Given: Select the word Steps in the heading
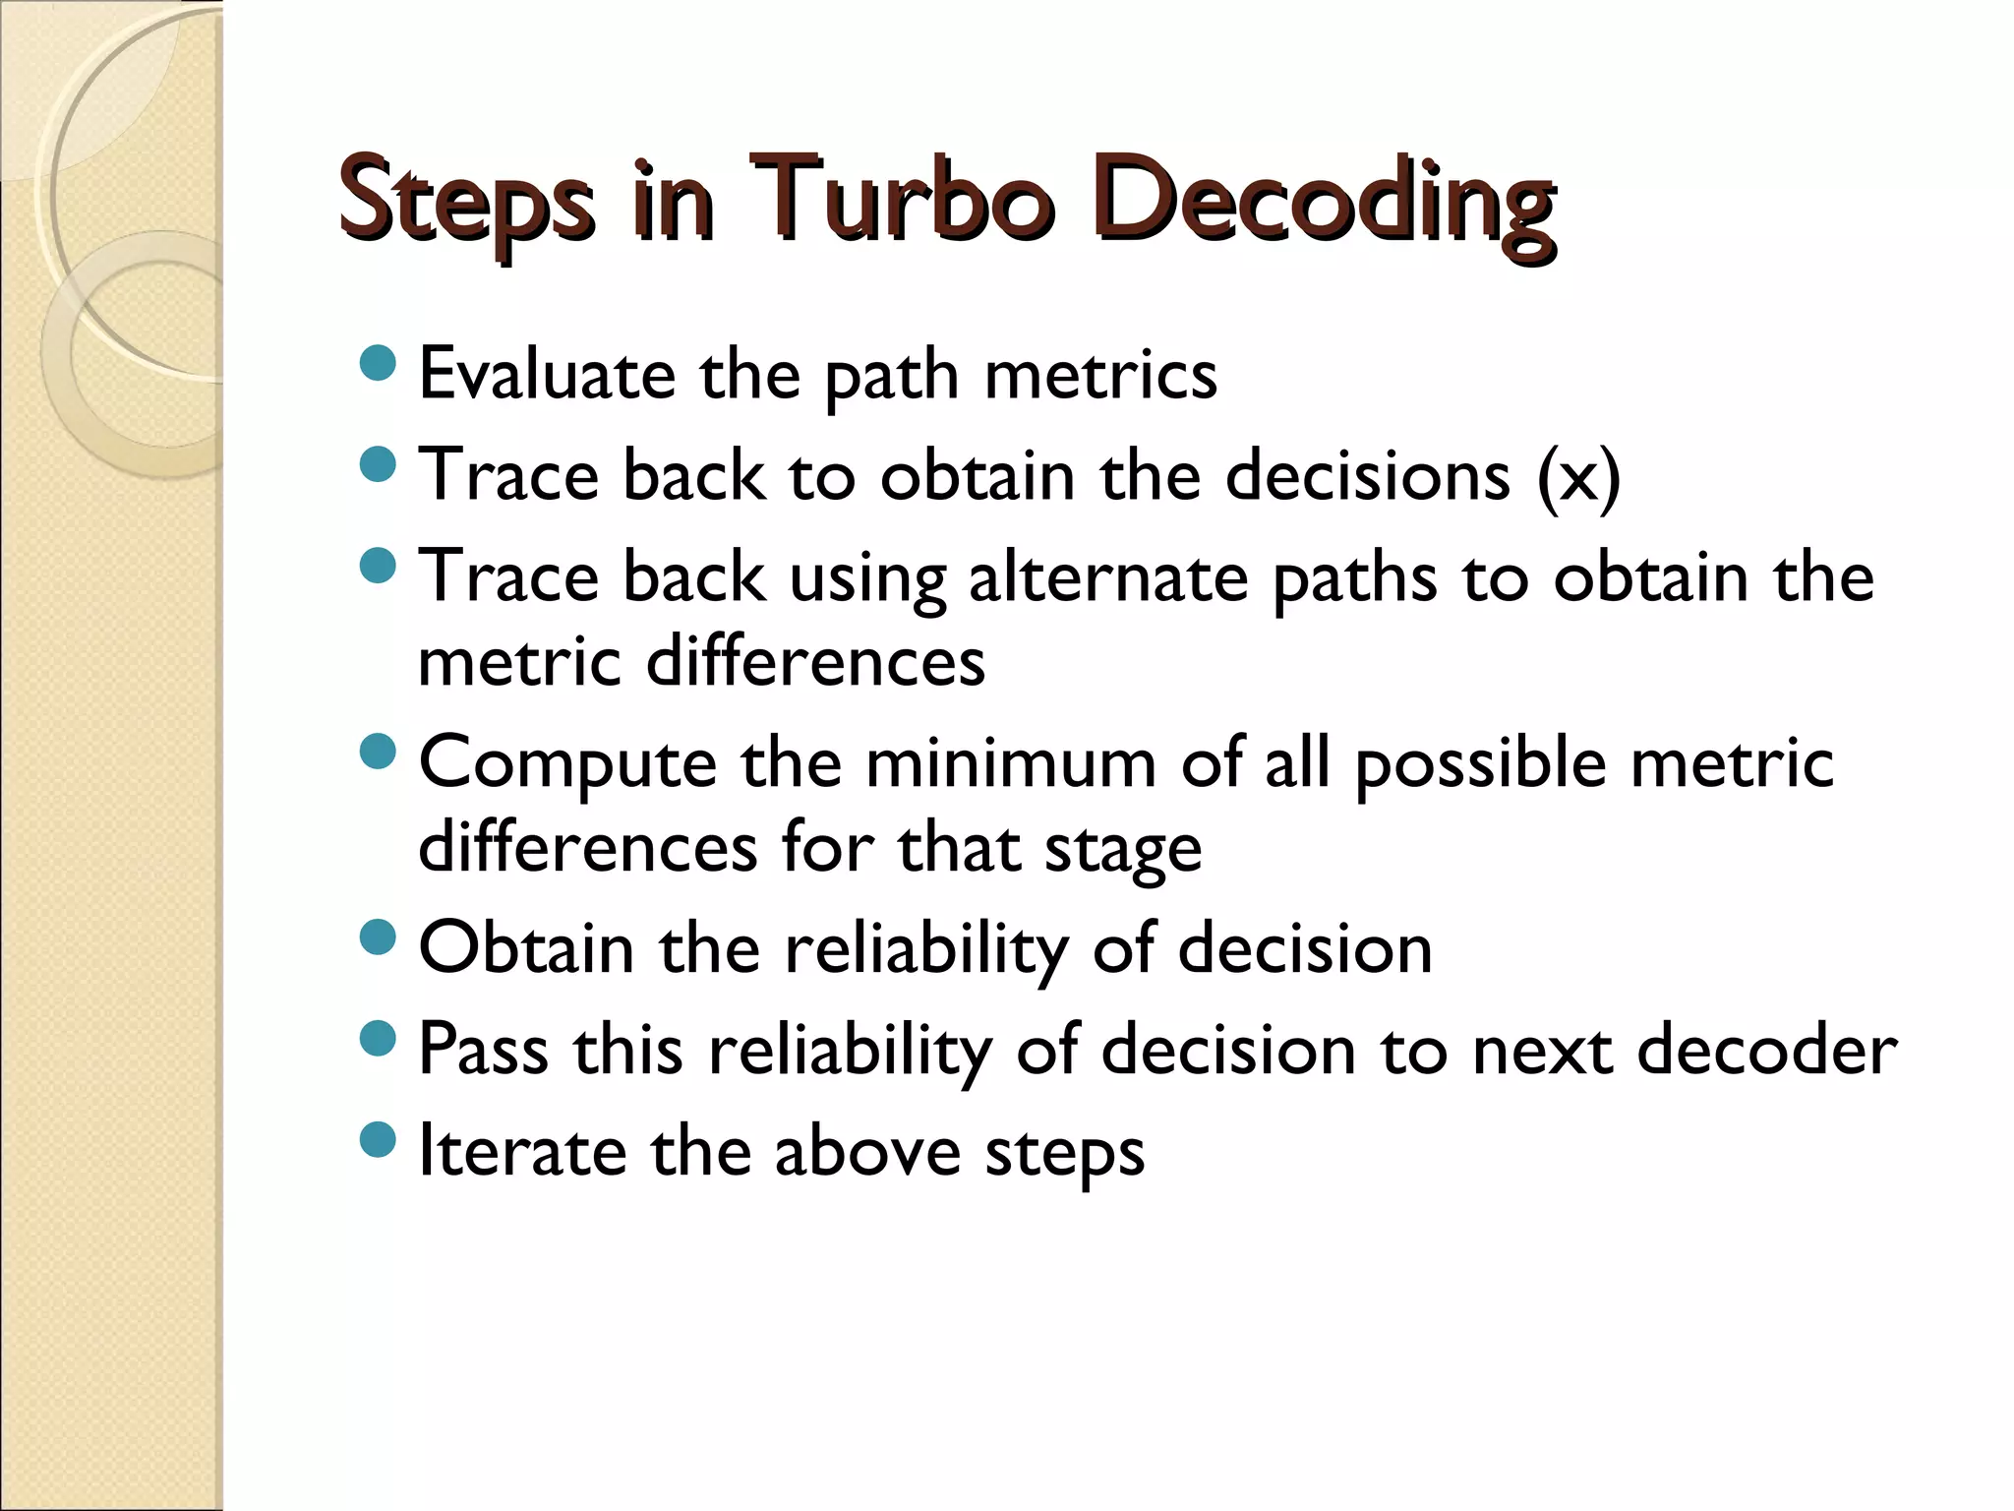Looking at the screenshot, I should tap(466, 202).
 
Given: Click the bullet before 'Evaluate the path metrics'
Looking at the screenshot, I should tap(378, 363).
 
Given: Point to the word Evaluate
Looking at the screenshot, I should tap(547, 375).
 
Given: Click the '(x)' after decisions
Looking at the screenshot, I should tap(1577, 477).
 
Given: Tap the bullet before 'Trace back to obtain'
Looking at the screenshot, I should tap(378, 463).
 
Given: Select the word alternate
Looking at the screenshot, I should tap(1108, 576).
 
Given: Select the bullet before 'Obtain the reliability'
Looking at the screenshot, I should tap(378, 936).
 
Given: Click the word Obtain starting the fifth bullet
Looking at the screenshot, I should tap(526, 948).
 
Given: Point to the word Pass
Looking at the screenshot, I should tap(483, 1049).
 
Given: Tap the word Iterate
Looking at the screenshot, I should tap(522, 1150).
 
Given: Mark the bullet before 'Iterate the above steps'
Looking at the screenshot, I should tap(378, 1139).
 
